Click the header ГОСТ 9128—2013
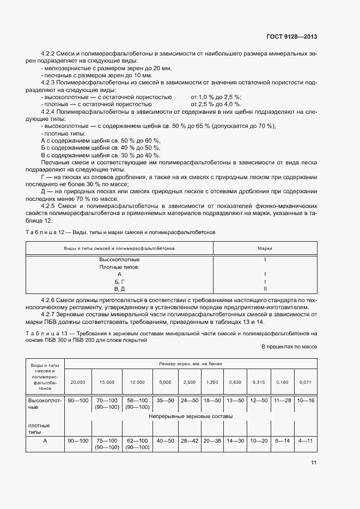coord(293,37)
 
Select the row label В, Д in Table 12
coord(119,289)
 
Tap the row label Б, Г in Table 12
coord(119,281)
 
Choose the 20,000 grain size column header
coord(78,383)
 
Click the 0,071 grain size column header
coord(305,383)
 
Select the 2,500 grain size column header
coord(190,383)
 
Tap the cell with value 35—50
coord(164,400)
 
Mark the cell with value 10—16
coord(305,400)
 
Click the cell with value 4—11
coord(305,440)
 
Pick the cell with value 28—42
coord(190,440)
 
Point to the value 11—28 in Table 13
coord(282,400)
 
